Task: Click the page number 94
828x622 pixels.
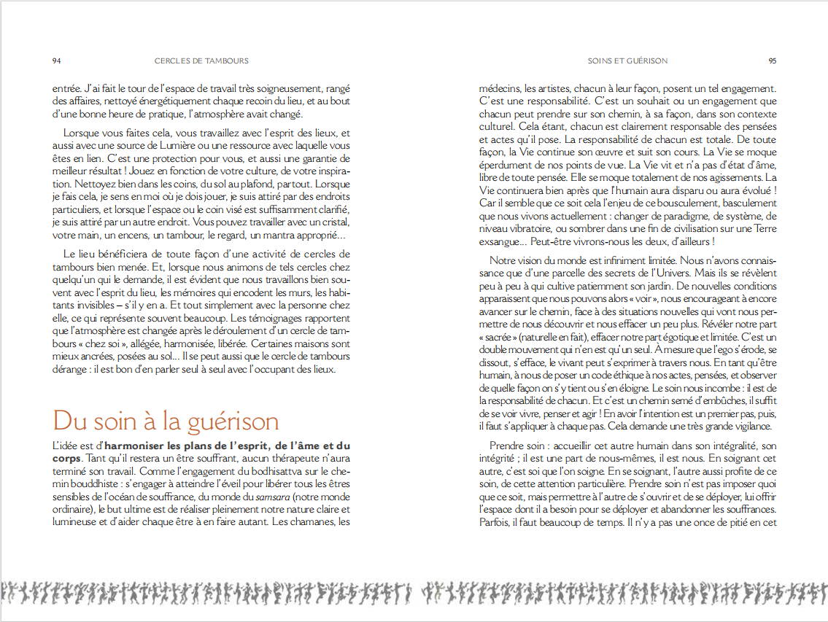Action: (57, 61)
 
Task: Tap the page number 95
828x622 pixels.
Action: (772, 61)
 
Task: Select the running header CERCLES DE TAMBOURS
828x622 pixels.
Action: (201, 61)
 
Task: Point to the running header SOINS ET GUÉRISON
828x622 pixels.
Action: (627, 61)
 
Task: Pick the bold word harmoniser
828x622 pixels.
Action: (134, 445)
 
